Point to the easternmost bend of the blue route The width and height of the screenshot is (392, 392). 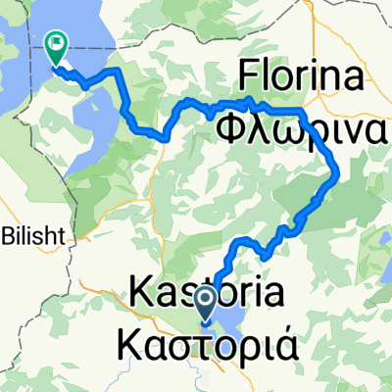[x=337, y=173]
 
